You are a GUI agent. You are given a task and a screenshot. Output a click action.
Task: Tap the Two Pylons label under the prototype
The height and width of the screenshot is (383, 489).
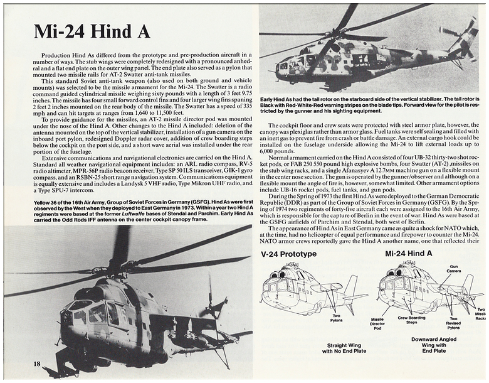click(336, 318)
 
